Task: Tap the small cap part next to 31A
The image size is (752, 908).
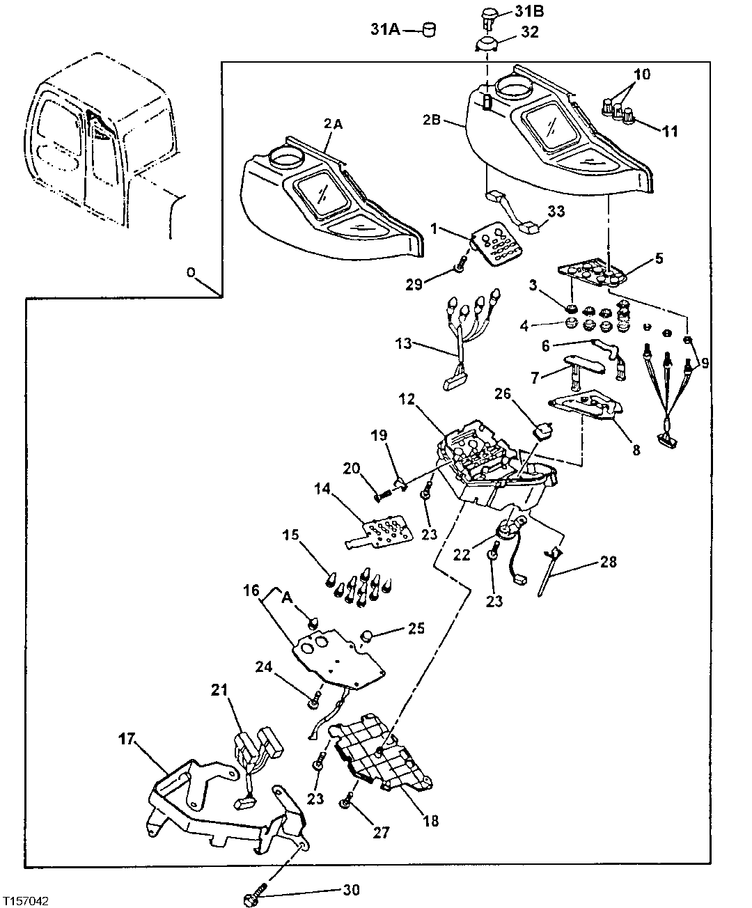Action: coord(430,30)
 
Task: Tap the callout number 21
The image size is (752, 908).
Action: coord(219,690)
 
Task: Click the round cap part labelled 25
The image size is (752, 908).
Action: coord(368,635)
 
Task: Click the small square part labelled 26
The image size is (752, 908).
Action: coord(542,432)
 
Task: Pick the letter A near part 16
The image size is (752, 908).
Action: coord(286,596)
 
